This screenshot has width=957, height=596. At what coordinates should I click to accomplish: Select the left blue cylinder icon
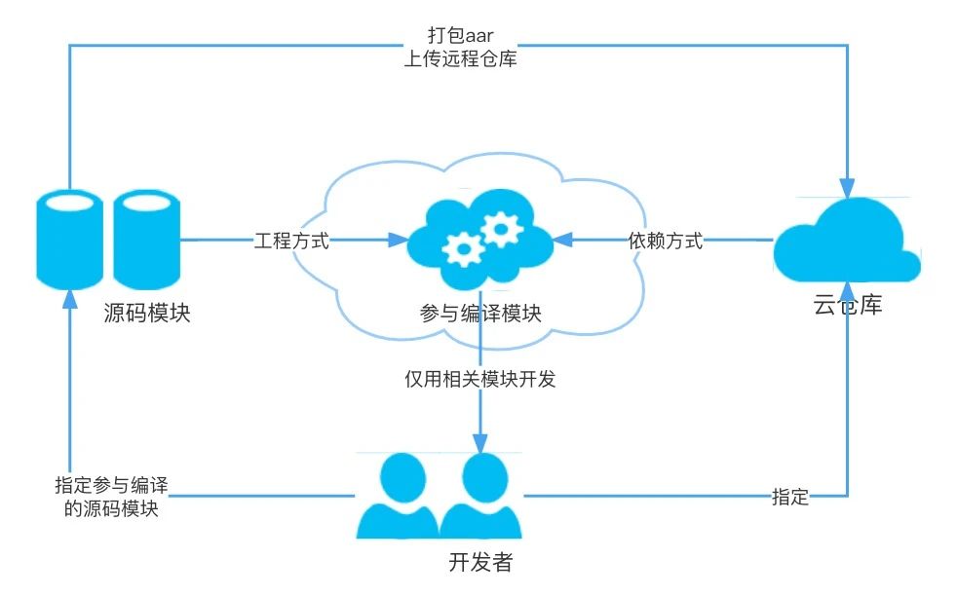[x=69, y=240]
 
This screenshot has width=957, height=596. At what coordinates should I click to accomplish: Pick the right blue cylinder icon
[x=147, y=240]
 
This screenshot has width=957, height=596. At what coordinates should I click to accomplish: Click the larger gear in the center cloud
[x=463, y=249]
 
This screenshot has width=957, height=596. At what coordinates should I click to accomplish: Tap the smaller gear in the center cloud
[x=502, y=230]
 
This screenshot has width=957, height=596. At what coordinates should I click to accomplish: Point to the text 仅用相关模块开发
[x=480, y=380]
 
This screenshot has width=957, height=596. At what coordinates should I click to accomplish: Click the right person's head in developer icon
[x=484, y=478]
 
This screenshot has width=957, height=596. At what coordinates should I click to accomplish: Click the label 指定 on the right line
[x=790, y=498]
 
